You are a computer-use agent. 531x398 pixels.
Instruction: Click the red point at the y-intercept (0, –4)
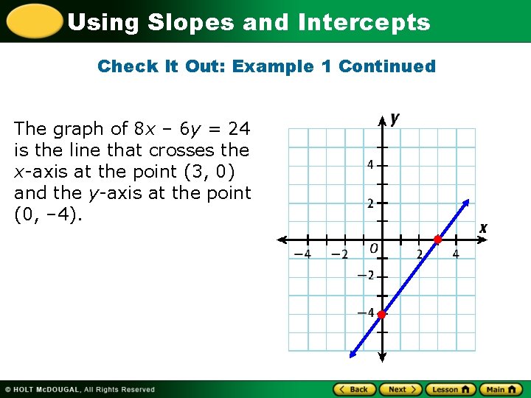[x=382, y=315]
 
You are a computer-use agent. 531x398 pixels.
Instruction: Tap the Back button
[x=355, y=389]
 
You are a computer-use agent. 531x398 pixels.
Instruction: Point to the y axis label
[x=396, y=118]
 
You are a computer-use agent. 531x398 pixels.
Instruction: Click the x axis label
[x=483, y=228]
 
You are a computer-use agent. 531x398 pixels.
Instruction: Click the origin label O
[x=374, y=249]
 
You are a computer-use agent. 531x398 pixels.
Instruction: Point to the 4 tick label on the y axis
[x=371, y=164]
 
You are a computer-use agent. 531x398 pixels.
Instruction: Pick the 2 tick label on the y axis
[x=371, y=203]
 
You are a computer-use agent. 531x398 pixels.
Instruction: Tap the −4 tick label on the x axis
[x=302, y=254]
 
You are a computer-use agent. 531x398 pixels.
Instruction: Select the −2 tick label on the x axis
[x=339, y=254]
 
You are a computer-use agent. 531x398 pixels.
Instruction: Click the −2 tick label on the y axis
[x=368, y=276]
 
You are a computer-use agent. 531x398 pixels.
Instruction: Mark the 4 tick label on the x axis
[x=456, y=254]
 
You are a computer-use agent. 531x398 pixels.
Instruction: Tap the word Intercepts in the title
[x=364, y=22]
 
